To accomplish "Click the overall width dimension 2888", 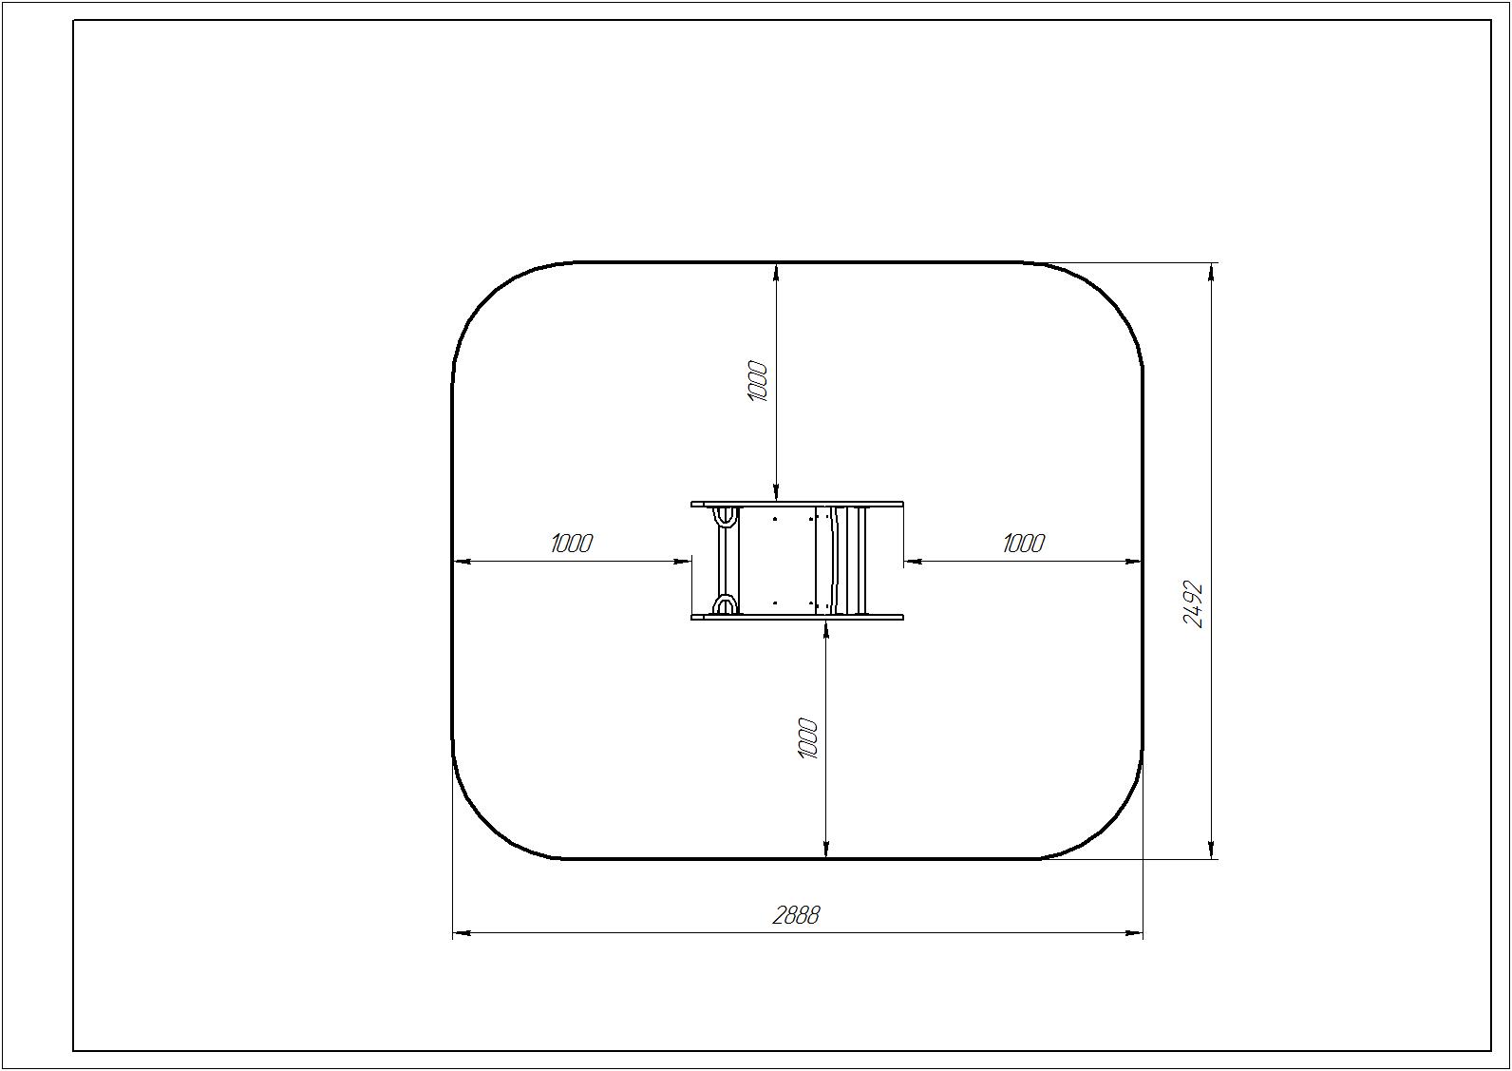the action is (796, 916).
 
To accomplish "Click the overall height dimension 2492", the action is (1194, 604).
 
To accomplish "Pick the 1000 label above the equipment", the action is (758, 381).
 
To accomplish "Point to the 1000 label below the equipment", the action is (808, 738).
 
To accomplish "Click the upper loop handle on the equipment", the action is (725, 518).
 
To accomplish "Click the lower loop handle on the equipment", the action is (725, 603).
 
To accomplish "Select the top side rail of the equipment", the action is (797, 504).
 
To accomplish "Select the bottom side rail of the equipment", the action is (797, 617).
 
